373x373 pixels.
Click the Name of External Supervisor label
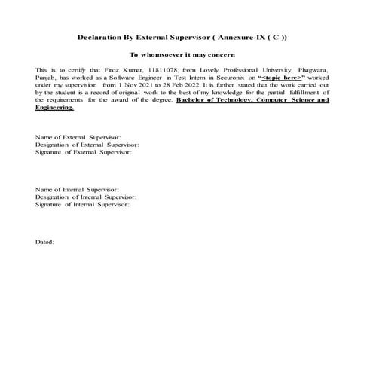(78, 138)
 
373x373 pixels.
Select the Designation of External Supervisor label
(87, 145)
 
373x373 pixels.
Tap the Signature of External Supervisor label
(84, 152)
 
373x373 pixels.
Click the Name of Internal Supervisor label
(77, 189)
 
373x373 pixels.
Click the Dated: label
(45, 241)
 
